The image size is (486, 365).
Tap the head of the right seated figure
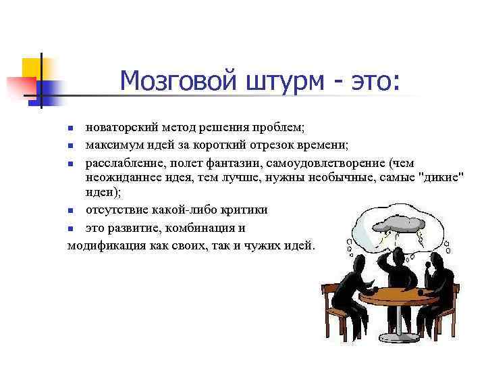[435, 260]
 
